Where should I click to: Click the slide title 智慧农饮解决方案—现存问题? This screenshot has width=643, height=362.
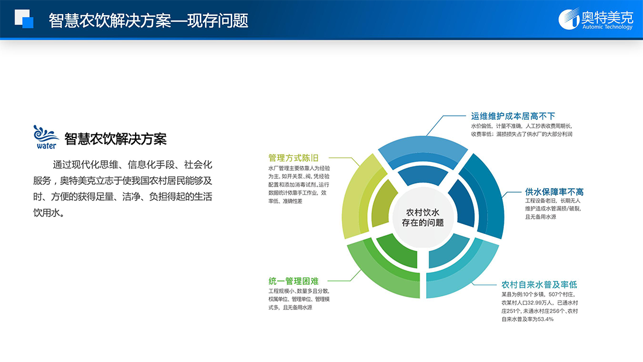click(148, 20)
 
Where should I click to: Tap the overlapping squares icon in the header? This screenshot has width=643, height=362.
click(24, 19)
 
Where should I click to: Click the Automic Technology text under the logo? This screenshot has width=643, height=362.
click(607, 27)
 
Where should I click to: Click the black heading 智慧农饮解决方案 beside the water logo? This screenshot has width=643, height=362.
click(116, 139)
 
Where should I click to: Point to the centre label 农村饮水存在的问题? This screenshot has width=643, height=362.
click(423, 218)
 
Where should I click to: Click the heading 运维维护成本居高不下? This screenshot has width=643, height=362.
click(513, 116)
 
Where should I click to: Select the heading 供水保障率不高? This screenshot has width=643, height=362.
click(554, 192)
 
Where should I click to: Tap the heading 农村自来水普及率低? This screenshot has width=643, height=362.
click(540, 284)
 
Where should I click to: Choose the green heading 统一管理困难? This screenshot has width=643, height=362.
click(293, 281)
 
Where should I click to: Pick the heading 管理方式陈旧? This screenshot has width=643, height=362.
click(293, 158)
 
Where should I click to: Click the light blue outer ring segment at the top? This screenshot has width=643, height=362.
click(423, 148)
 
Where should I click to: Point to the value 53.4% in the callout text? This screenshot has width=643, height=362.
click(545, 319)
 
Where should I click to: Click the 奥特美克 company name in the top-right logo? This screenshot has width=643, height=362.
click(607, 17)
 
